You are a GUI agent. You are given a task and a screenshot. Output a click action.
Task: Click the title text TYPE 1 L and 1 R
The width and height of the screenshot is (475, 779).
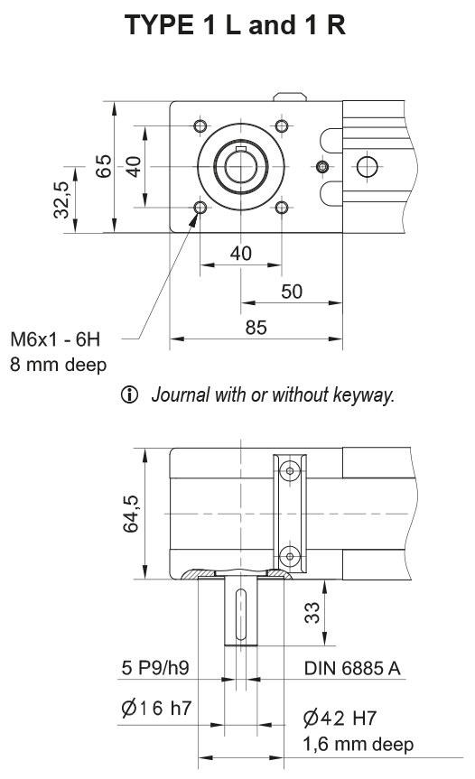point(237,25)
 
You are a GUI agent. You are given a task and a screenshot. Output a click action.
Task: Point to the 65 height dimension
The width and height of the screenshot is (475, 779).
point(104,167)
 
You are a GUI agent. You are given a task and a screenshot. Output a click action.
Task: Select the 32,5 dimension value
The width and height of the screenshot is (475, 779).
point(61,199)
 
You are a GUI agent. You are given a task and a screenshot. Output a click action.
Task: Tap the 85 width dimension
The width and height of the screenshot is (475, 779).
point(256,328)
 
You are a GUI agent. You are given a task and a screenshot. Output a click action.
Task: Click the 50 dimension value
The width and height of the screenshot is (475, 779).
point(292,291)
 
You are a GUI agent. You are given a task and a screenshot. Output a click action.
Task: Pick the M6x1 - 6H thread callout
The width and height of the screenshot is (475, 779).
point(56,340)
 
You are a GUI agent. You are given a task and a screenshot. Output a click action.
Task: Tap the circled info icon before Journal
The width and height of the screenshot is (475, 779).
point(137,394)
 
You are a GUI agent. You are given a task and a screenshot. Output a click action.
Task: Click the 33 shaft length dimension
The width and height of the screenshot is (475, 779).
point(310,614)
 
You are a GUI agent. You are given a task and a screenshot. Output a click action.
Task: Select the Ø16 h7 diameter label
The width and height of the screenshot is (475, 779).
point(155,709)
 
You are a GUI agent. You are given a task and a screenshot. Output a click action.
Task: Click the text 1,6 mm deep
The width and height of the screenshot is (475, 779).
point(358,744)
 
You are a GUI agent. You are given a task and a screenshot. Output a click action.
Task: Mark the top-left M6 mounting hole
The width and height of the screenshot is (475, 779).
point(200,124)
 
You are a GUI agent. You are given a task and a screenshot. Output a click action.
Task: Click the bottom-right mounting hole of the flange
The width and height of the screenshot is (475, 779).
point(282,208)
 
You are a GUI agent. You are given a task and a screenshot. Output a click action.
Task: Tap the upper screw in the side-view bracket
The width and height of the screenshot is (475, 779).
point(289,469)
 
